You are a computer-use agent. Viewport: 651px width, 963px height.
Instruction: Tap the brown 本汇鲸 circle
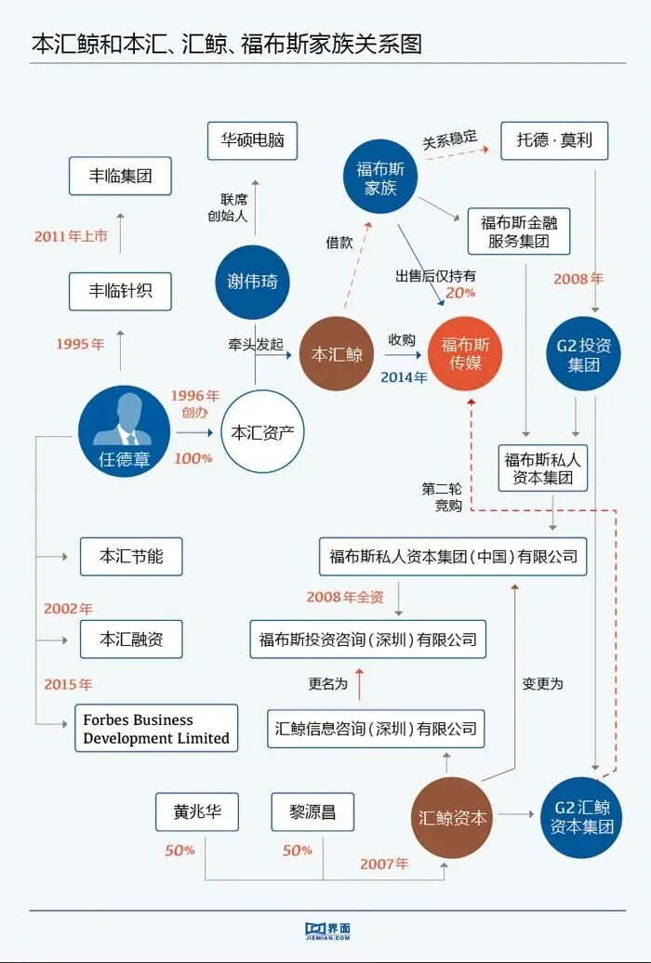(336, 354)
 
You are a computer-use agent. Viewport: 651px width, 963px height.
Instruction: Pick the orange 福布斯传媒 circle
(465, 354)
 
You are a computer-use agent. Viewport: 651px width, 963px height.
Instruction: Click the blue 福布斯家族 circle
(381, 178)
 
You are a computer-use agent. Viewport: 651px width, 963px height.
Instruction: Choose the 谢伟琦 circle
(252, 282)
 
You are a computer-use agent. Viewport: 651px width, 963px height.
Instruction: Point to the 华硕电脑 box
(252, 141)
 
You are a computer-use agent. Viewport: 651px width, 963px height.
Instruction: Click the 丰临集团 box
(121, 176)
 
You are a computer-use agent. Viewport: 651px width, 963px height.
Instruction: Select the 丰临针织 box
(121, 291)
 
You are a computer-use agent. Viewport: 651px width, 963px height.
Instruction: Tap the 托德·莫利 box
(553, 141)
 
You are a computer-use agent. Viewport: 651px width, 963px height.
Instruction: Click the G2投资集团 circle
(584, 354)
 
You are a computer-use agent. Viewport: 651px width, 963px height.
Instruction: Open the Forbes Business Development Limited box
(156, 729)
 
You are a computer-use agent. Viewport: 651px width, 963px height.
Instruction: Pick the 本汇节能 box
(131, 556)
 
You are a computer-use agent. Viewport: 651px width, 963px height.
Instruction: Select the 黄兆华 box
(196, 811)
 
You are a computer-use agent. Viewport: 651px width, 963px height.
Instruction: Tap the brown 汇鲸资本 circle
(452, 818)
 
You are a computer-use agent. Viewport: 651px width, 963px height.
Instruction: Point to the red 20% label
(460, 292)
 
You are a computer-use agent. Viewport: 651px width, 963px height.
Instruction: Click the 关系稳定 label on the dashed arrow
(449, 140)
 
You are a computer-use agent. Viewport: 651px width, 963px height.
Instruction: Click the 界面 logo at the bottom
(326, 930)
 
